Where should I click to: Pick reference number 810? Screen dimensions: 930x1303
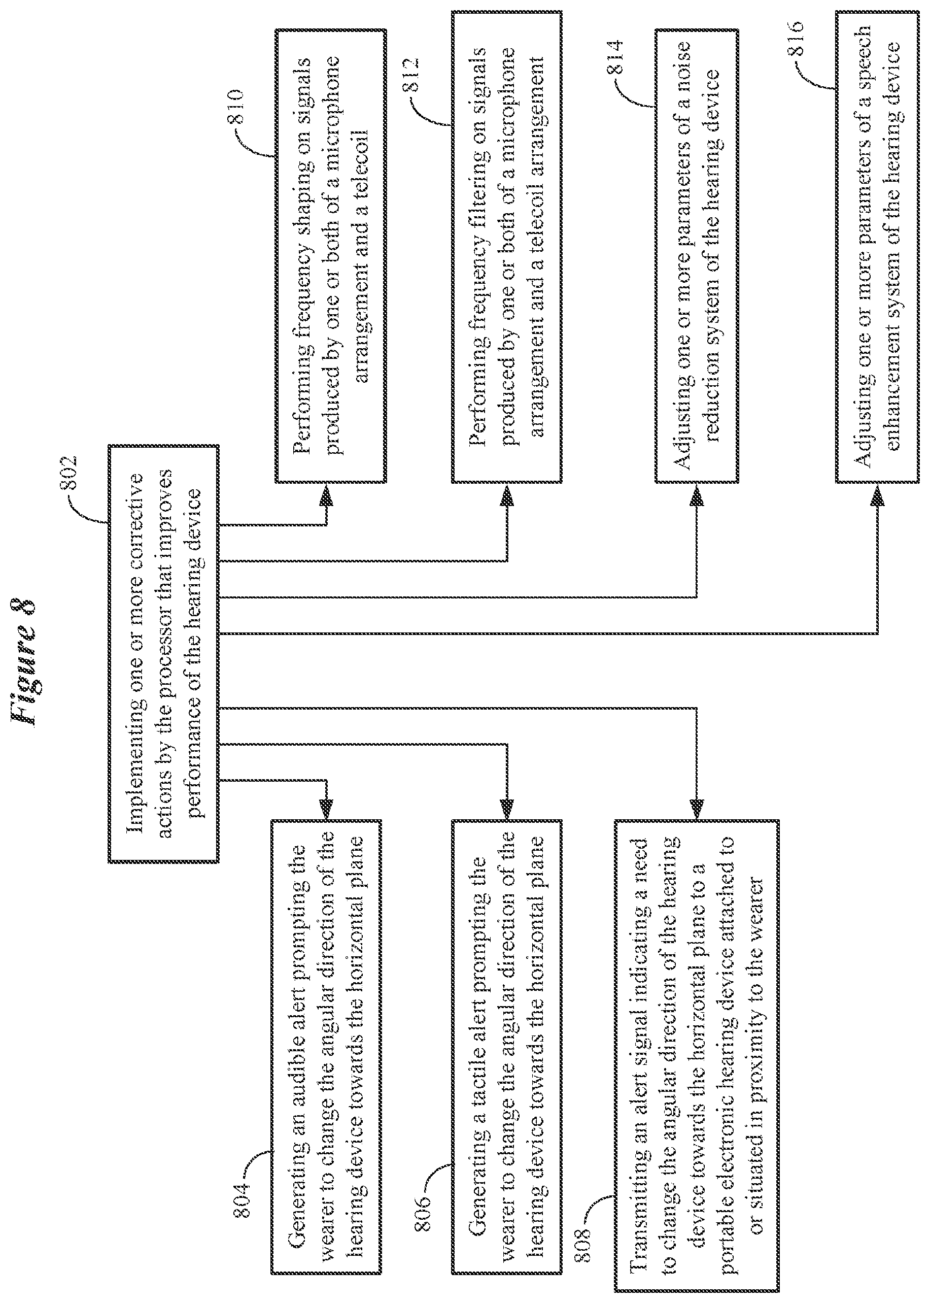point(235,107)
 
